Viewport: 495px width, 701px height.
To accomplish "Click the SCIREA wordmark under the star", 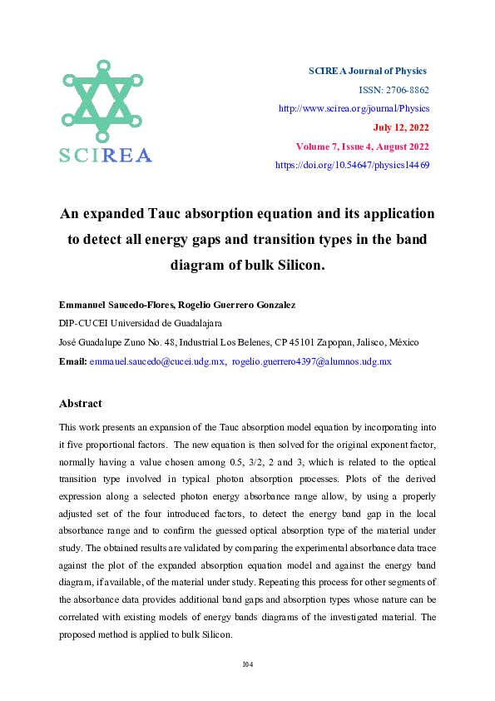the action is tap(106, 155).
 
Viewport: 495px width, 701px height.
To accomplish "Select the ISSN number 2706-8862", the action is tap(404, 90).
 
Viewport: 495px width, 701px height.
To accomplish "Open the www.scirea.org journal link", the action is tap(353, 108).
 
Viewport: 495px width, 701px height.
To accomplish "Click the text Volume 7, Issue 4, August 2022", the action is tap(362, 147).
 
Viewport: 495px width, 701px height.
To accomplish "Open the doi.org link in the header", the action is tap(352, 166).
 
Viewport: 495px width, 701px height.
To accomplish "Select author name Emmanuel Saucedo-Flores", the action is tap(111, 306).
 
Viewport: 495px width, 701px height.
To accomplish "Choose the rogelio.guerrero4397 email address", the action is tap(299, 361).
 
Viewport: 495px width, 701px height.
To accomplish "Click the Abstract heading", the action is tap(81, 403).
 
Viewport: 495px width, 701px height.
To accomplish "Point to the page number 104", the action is tap(247, 664).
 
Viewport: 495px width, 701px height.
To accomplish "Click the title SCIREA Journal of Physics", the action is tap(368, 71).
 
